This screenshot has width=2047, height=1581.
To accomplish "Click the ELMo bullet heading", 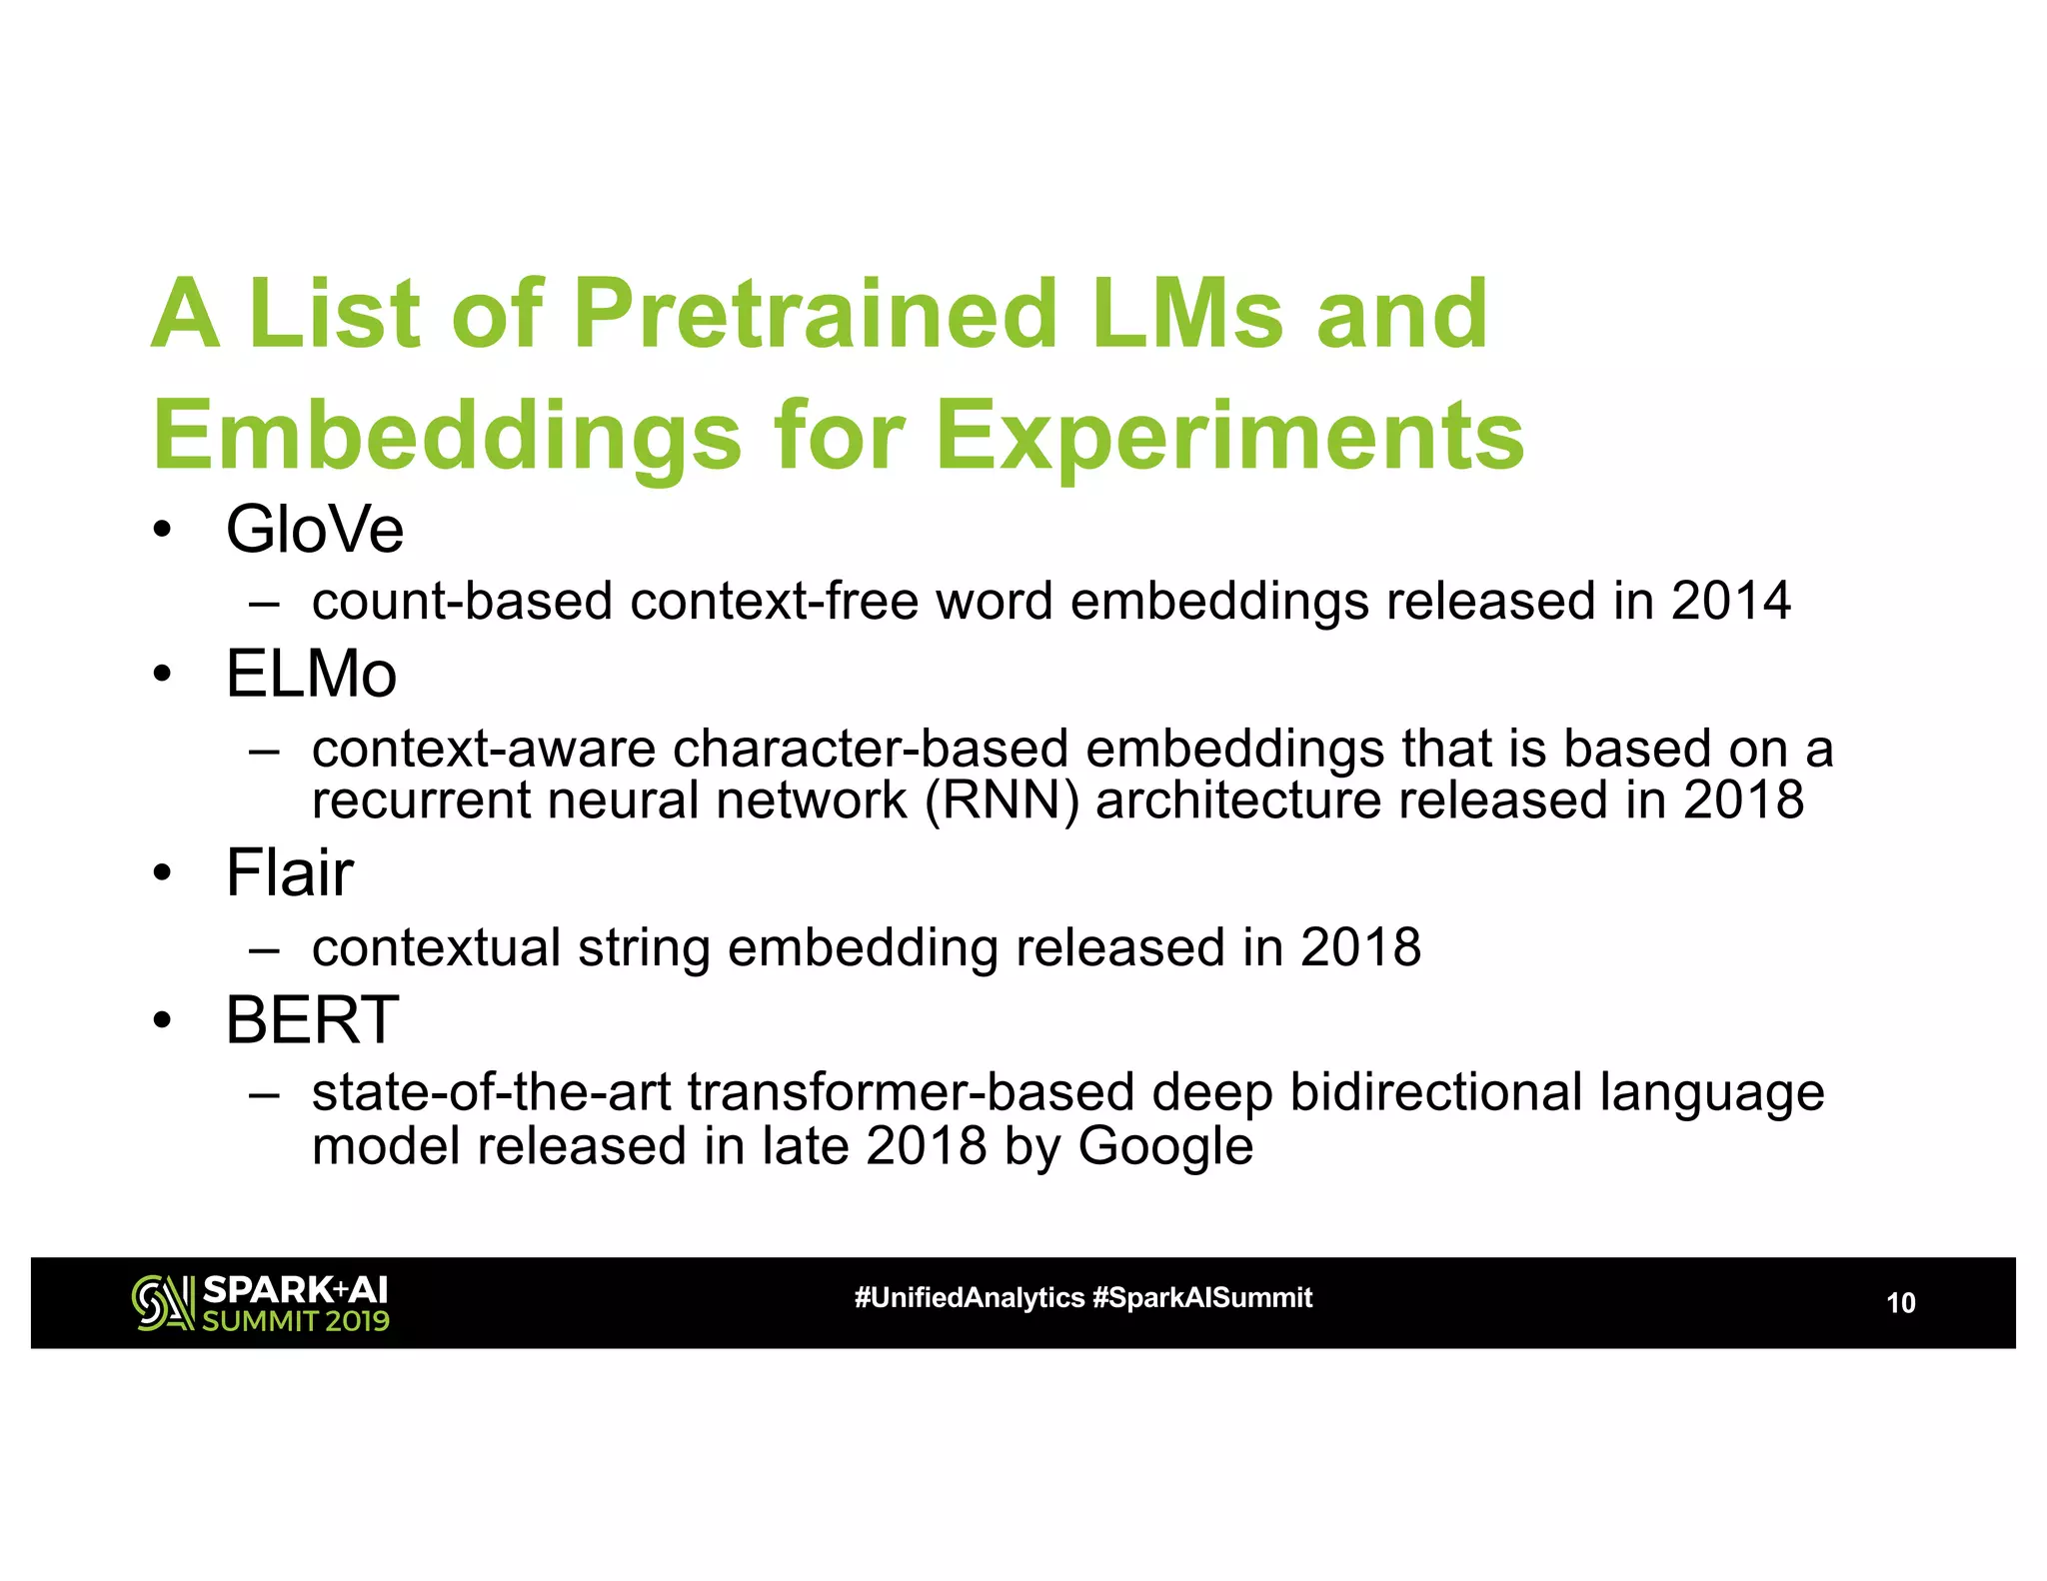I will [x=311, y=674].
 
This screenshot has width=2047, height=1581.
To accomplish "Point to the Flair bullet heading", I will [x=289, y=872].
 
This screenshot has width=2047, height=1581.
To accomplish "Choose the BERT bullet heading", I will [x=312, y=1020].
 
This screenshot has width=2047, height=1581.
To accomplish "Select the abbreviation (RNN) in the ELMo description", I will [x=1002, y=800].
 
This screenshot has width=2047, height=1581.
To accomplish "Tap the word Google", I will [x=1164, y=1145].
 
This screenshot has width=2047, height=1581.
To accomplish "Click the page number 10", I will [x=1900, y=1303].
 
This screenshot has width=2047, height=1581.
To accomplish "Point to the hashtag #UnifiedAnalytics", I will [x=969, y=1298].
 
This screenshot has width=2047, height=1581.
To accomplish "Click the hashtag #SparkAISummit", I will [x=1202, y=1298].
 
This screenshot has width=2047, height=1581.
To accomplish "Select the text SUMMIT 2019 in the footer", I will [x=296, y=1321].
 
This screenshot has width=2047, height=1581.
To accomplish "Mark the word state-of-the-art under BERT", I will [x=491, y=1092].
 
